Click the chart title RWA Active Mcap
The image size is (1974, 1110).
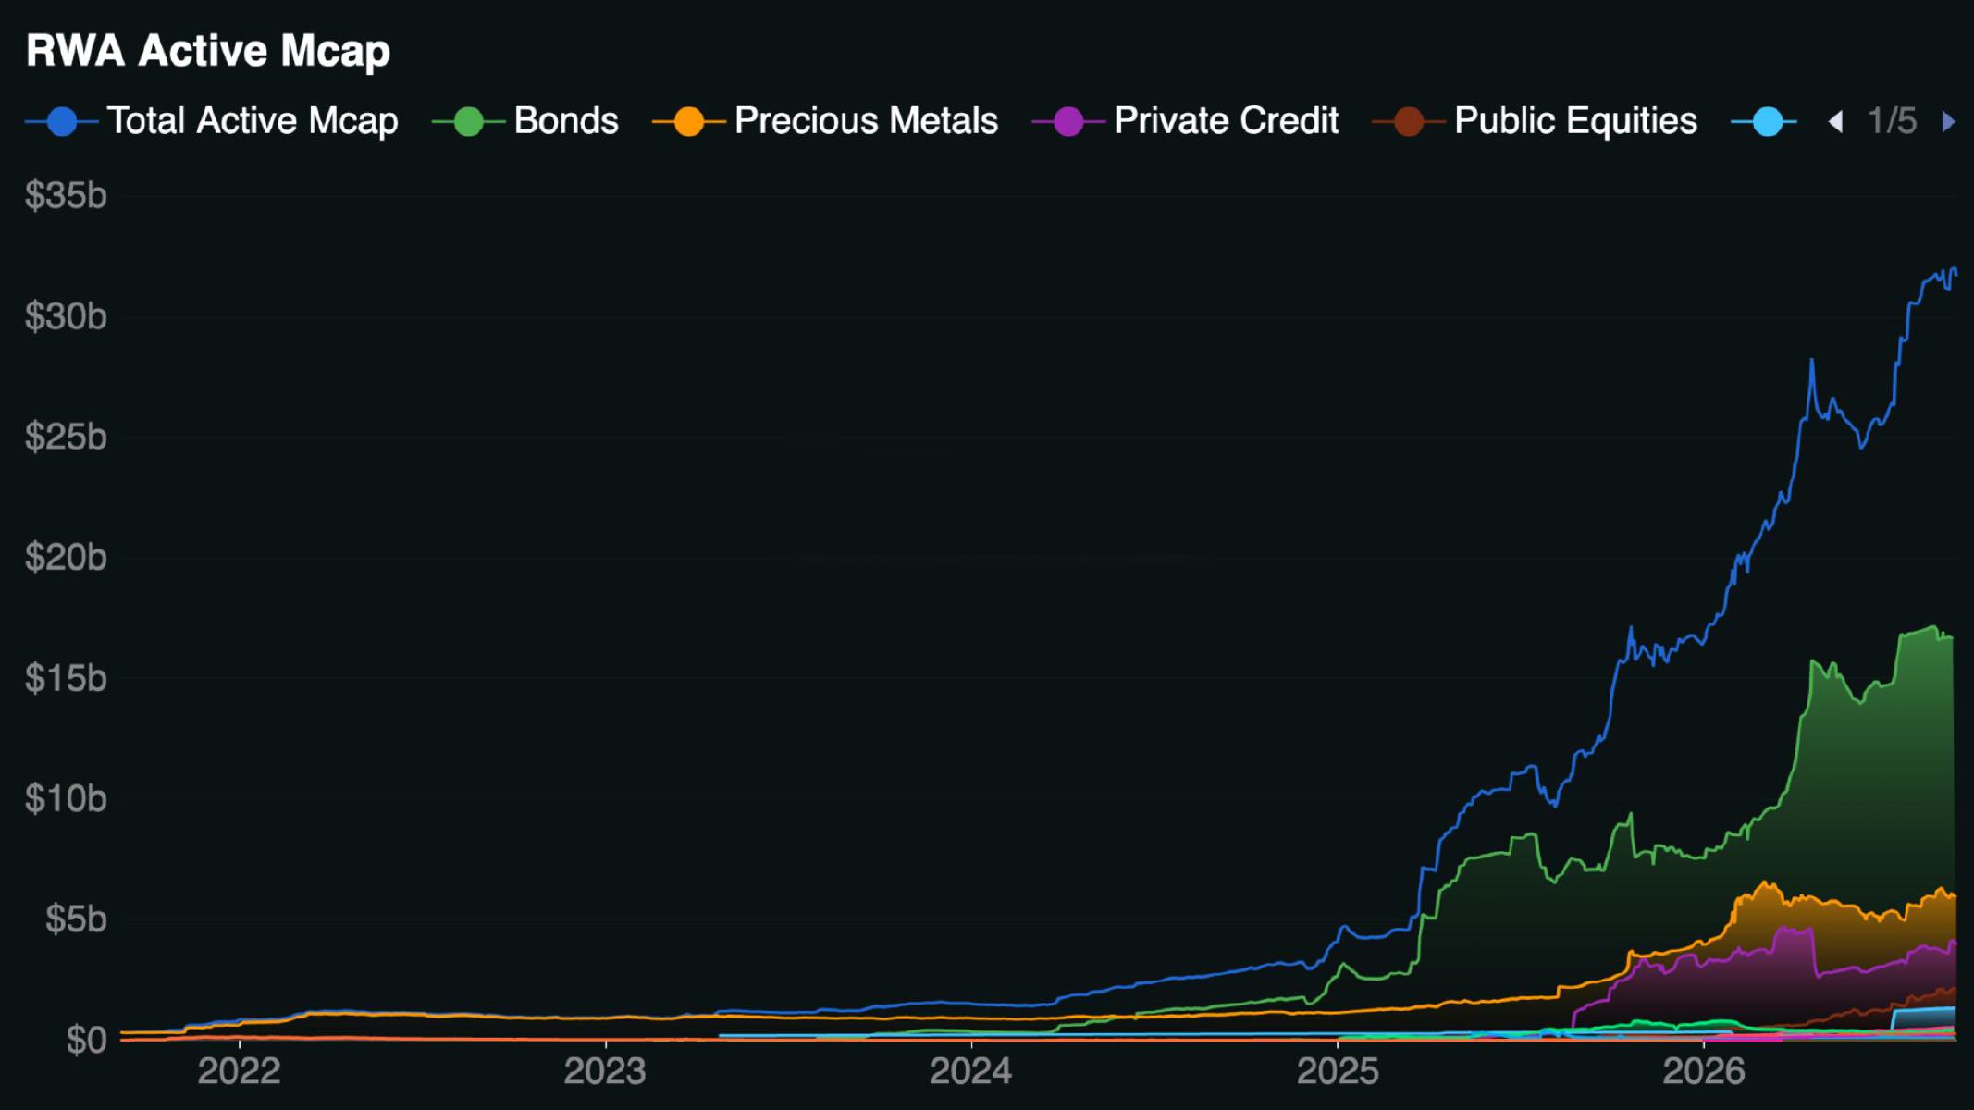pos(208,51)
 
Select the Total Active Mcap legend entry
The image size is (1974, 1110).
pos(212,121)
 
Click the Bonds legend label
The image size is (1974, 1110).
pos(566,121)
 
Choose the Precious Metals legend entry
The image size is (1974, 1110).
pos(825,121)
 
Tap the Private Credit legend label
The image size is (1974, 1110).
pos(1226,121)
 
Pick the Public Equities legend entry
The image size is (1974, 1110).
pos(1536,121)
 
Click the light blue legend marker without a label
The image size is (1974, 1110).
pos(1767,122)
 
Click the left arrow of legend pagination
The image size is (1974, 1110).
pos(1836,122)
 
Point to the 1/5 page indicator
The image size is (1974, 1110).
pos(1892,121)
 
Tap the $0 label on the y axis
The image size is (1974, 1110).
pos(87,1040)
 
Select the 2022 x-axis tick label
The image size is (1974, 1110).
pos(239,1071)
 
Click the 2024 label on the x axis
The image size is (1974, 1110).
pos(970,1071)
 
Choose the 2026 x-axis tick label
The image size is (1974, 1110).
pos(1703,1071)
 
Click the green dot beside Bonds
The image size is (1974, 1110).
pos(469,122)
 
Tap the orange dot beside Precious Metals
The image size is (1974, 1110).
pos(689,122)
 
